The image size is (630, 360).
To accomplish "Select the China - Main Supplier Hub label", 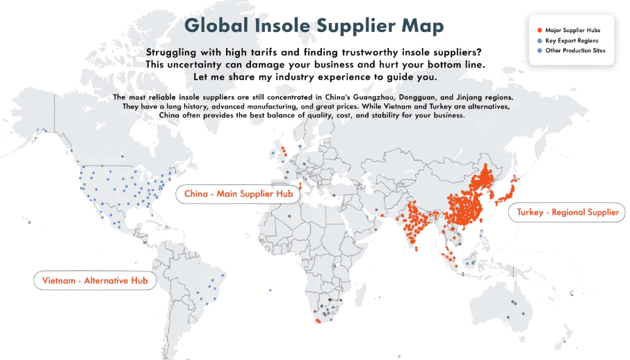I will coord(239,194).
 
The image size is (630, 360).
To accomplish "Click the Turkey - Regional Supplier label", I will coord(567,213).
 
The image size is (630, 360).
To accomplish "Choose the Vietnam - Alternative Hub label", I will coord(95,280).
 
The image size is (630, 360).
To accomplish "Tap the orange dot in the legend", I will coord(540,31).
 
